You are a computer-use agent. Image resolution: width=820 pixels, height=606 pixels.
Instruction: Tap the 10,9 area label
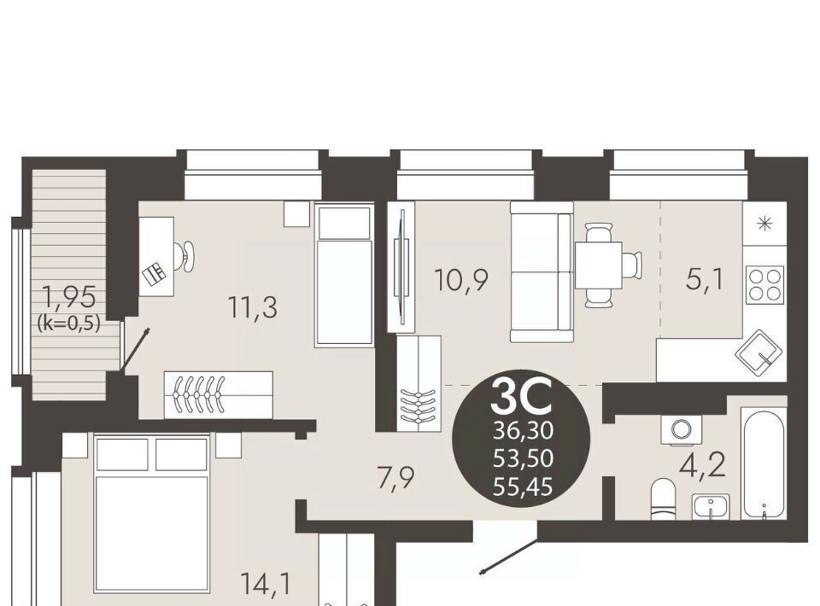click(x=462, y=280)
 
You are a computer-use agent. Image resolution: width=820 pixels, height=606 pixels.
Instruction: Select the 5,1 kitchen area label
click(x=705, y=280)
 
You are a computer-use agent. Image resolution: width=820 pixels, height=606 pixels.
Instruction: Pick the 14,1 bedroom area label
click(x=266, y=584)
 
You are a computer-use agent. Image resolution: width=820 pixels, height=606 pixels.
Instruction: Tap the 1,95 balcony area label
click(x=69, y=298)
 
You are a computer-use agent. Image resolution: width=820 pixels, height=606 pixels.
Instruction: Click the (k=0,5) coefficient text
click(x=68, y=323)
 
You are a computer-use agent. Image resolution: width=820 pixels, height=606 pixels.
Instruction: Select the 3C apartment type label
click(x=522, y=397)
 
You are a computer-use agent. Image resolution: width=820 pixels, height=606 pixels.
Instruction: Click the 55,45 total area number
click(x=523, y=487)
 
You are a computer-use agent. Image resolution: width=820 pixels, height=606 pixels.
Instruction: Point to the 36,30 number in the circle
click(x=523, y=432)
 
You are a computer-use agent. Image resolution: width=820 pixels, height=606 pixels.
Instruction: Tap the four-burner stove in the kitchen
click(x=765, y=283)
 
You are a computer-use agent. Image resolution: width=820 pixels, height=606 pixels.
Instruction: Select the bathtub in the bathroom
click(x=764, y=463)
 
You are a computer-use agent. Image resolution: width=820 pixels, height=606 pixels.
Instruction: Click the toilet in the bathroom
click(x=664, y=500)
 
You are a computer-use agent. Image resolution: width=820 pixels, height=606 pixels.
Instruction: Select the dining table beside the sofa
click(x=598, y=265)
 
